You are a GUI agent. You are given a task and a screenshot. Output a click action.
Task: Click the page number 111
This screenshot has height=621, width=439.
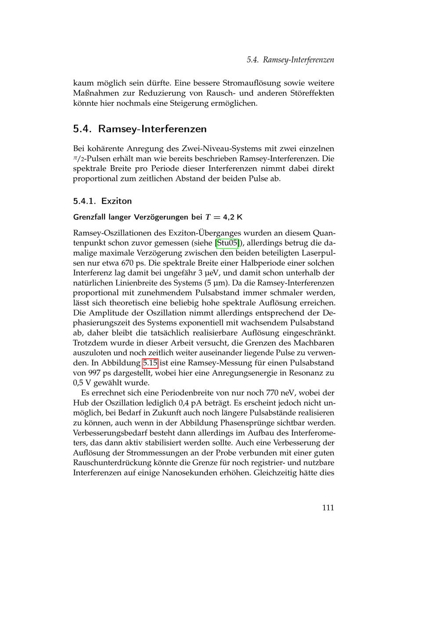click(327, 508)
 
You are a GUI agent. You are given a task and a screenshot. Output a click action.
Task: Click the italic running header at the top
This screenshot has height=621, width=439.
click(290, 60)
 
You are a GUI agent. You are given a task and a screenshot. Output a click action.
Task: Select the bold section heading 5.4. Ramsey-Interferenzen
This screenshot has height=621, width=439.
click(140, 129)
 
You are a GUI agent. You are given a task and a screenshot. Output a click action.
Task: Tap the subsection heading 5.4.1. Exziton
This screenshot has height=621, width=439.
click(102, 201)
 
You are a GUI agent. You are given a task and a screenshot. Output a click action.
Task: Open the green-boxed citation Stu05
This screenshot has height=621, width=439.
click(227, 243)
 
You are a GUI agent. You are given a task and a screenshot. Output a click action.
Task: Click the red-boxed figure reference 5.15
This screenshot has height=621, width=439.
click(150, 363)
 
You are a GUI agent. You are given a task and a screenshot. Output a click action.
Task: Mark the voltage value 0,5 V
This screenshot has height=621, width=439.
click(82, 383)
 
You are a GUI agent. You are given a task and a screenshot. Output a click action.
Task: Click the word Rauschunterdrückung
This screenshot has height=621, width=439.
click(112, 463)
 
